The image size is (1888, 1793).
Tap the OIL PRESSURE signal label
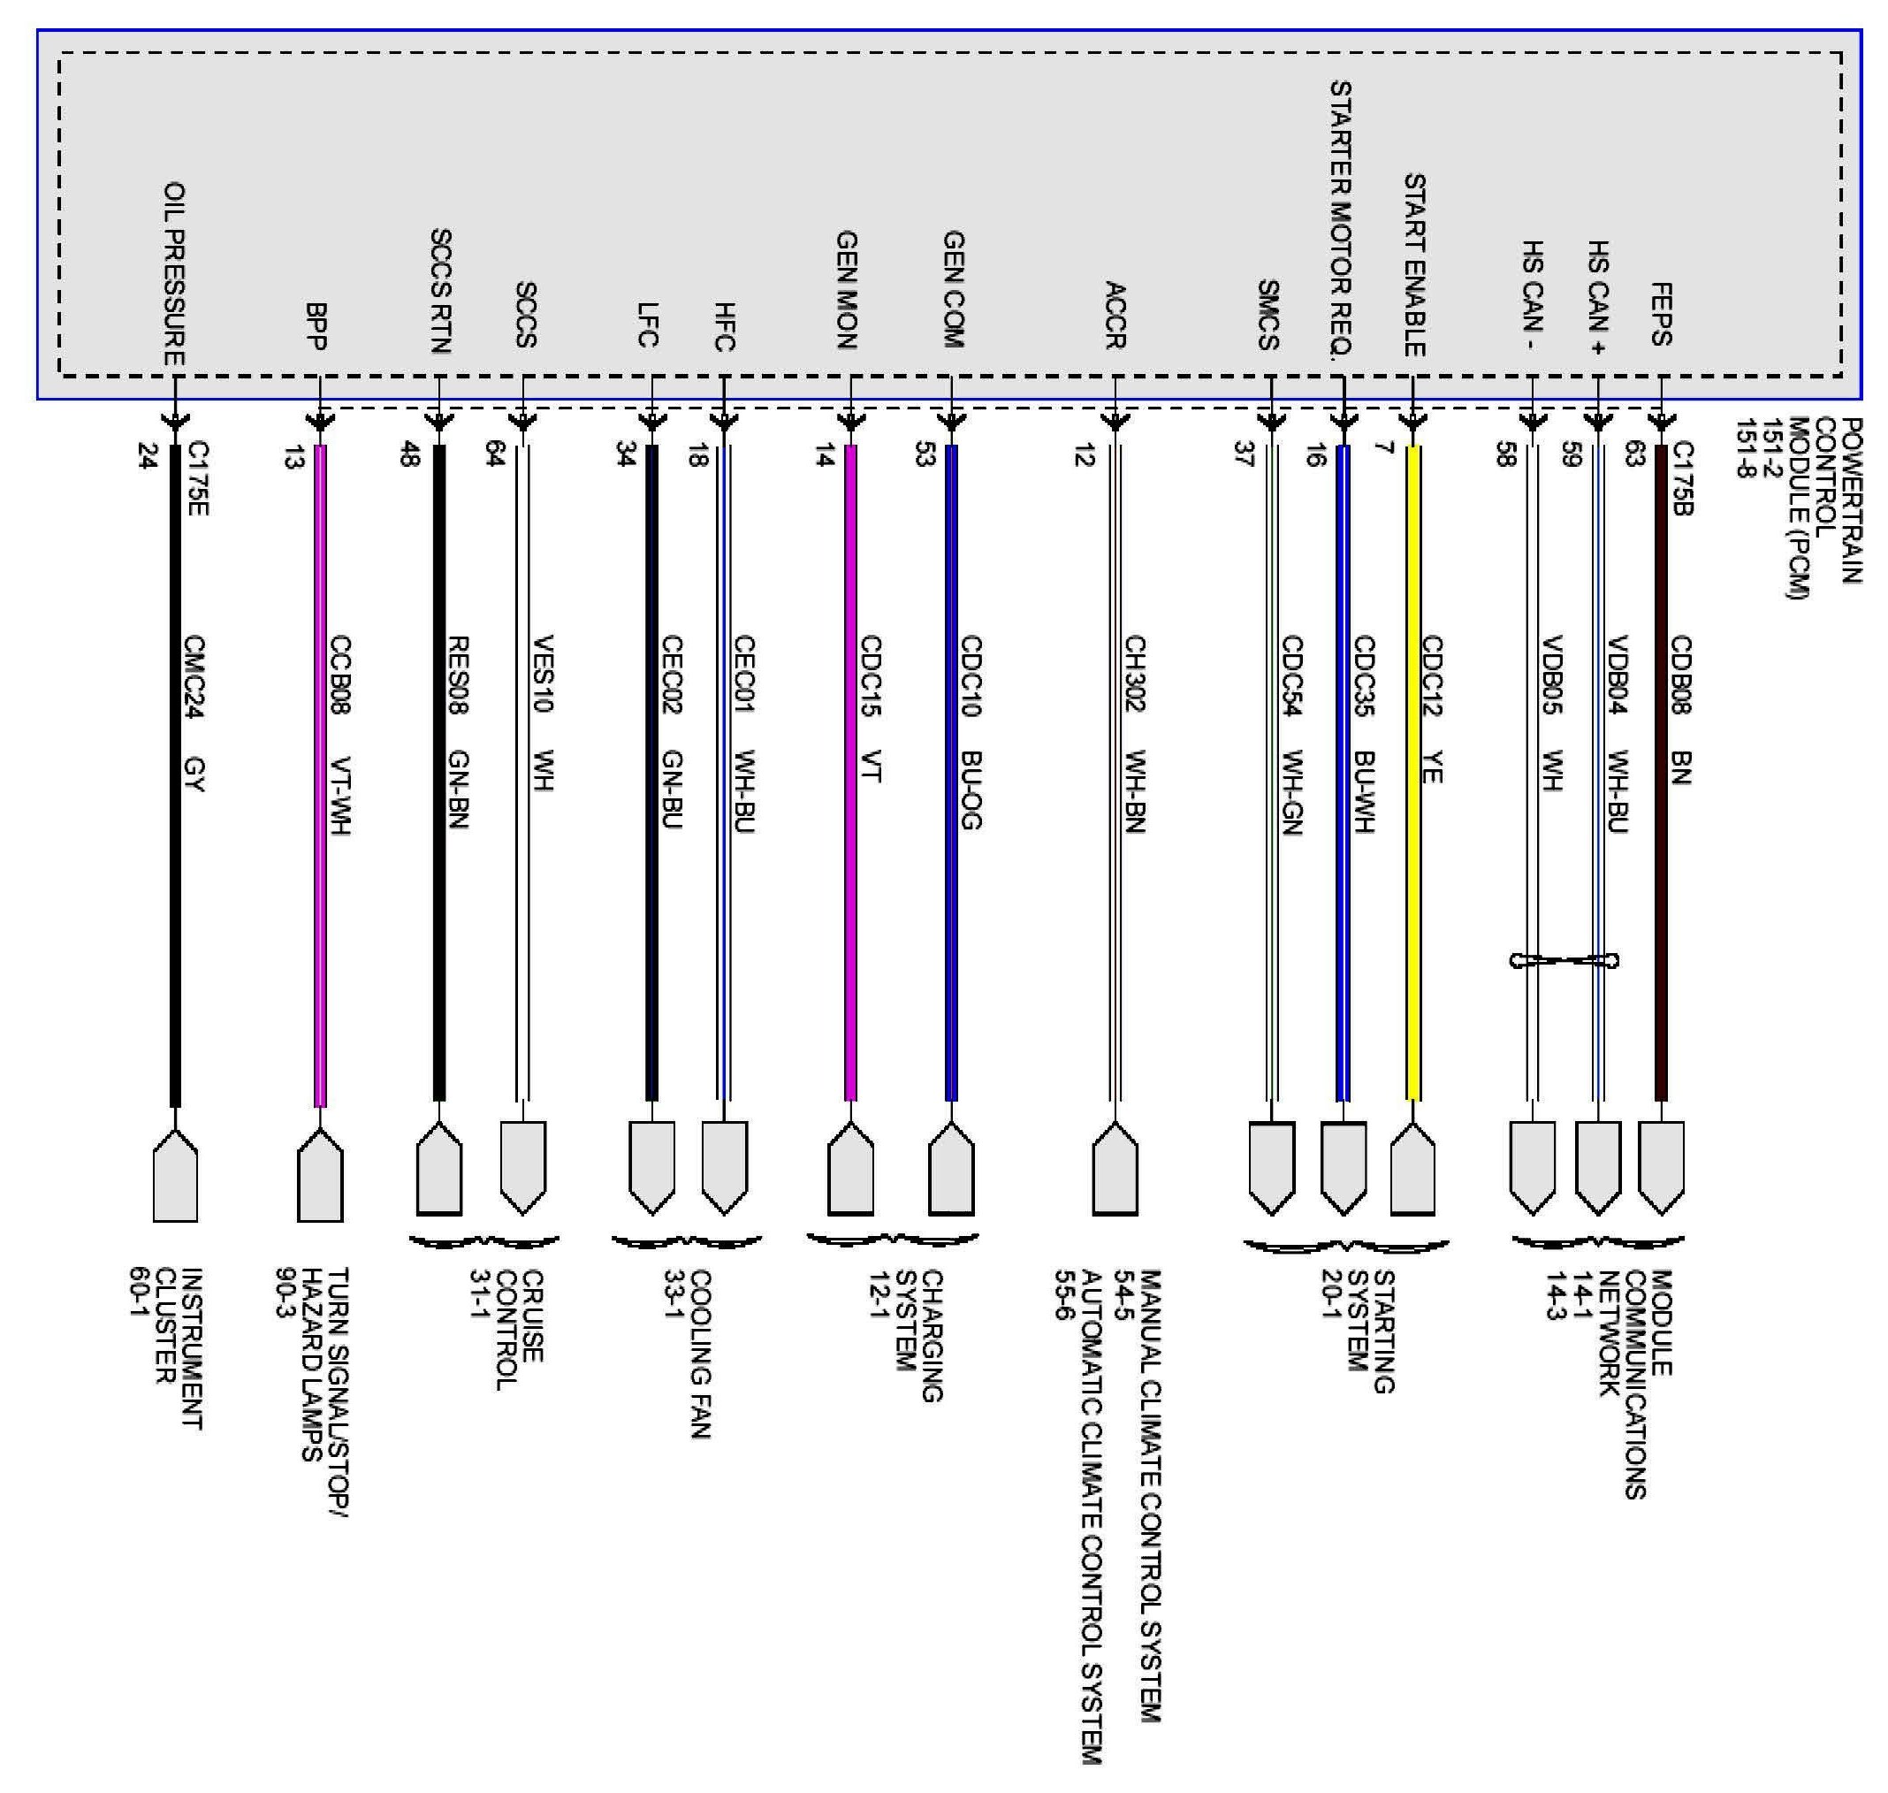click(x=174, y=274)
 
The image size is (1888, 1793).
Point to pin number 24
click(x=147, y=456)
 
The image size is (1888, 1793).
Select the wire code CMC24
click(x=195, y=676)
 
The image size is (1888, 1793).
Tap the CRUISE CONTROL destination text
click(x=506, y=1329)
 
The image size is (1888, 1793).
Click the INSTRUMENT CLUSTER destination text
click(x=167, y=1347)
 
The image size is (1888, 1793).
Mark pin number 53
click(x=924, y=455)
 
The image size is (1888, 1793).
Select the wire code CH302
click(x=1134, y=673)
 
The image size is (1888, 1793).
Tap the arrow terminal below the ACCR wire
click(x=1114, y=1168)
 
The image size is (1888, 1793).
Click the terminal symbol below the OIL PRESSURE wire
click(x=175, y=1175)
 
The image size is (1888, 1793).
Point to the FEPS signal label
click(x=1661, y=314)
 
